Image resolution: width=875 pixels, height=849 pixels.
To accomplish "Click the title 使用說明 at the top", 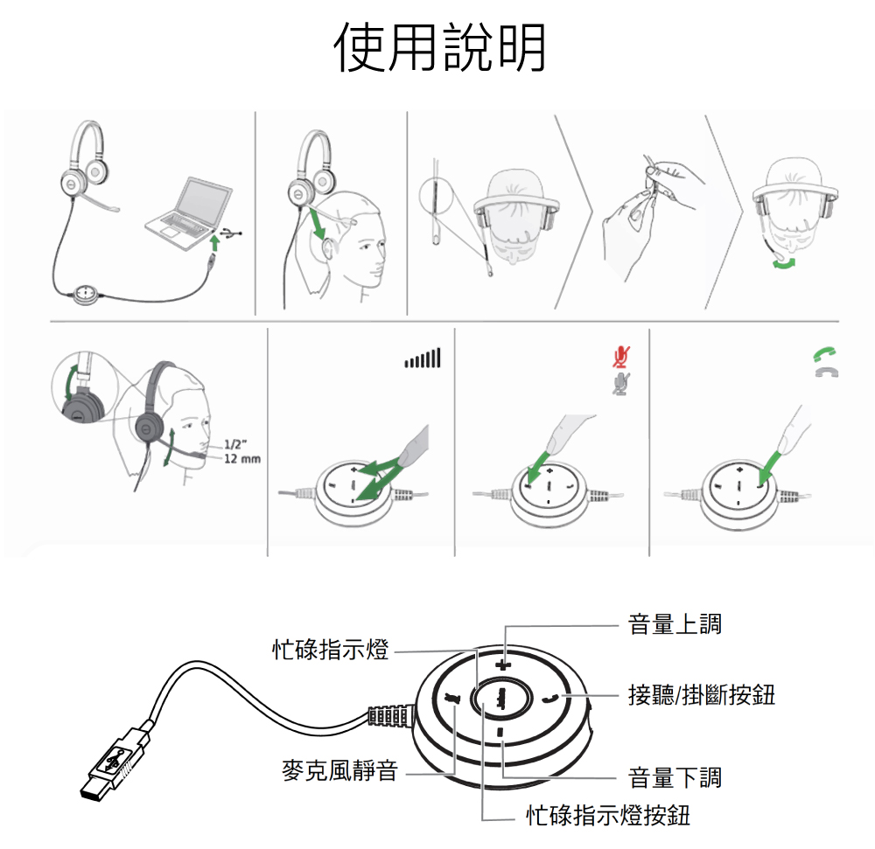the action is [440, 48].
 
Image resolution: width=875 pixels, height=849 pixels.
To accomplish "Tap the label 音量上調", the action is [675, 623].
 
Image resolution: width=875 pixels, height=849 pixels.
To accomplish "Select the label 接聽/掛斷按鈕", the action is [702, 695].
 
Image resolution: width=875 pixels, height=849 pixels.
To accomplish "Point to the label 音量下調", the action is [675, 777].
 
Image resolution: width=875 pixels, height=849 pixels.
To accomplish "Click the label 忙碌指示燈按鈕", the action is [608, 816].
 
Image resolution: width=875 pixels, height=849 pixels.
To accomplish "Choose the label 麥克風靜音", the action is [339, 771].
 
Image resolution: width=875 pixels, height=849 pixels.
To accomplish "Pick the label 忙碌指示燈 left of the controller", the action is [331, 650].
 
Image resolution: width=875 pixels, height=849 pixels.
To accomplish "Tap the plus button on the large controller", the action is [503, 665].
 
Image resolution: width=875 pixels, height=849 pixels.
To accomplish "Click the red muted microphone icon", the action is [620, 357].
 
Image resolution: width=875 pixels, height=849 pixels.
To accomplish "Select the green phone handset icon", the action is [825, 354].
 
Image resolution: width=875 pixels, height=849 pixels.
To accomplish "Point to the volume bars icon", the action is [423, 358].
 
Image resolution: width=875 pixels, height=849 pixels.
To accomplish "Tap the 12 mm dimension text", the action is [242, 459].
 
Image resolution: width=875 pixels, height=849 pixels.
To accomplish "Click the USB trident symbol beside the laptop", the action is [230, 233].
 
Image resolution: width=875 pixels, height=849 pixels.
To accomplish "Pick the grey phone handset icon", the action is [827, 372].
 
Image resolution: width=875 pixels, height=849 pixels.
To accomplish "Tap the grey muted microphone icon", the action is [620, 384].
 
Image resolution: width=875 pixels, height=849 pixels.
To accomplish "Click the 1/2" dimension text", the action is [235, 444].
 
